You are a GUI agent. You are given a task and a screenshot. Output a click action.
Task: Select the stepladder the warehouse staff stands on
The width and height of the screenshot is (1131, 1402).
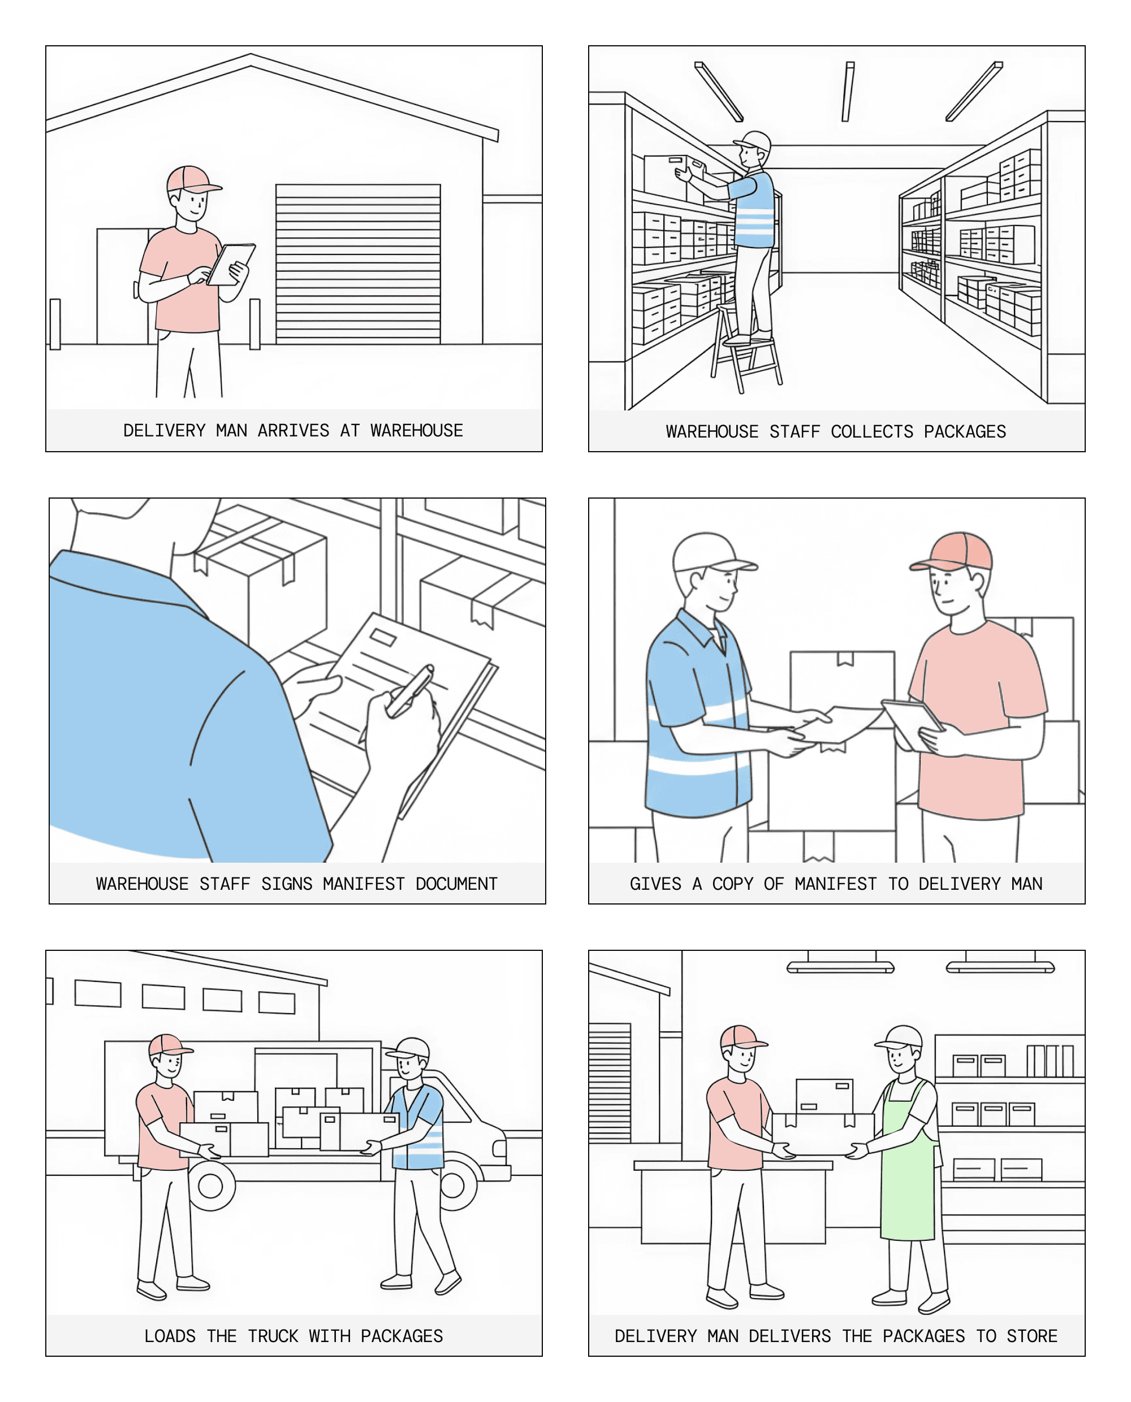pyautogui.click(x=746, y=348)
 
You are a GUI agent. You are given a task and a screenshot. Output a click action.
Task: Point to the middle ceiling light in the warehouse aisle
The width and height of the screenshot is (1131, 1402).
pyautogui.click(x=848, y=91)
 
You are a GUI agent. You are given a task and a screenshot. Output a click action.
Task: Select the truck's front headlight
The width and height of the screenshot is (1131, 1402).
pyautogui.click(x=500, y=1148)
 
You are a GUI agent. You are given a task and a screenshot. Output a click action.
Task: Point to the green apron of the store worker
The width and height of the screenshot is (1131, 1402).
pyautogui.click(x=908, y=1166)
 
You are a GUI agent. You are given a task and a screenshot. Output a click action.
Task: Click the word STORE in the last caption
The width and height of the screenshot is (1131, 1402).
pyautogui.click(x=1032, y=1336)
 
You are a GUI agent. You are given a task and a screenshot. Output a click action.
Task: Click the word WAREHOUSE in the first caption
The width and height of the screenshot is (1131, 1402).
pyautogui.click(x=416, y=430)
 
